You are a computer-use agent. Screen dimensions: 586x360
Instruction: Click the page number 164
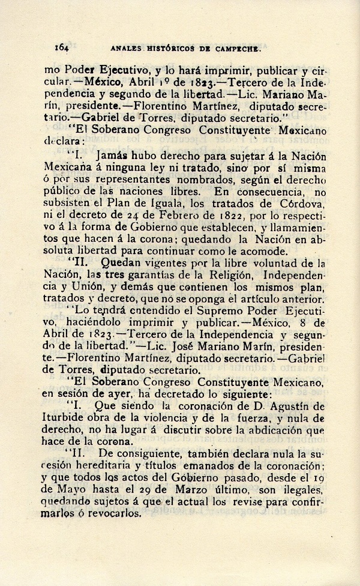(x=62, y=46)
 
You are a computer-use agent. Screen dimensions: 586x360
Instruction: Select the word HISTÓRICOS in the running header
(x=170, y=47)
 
